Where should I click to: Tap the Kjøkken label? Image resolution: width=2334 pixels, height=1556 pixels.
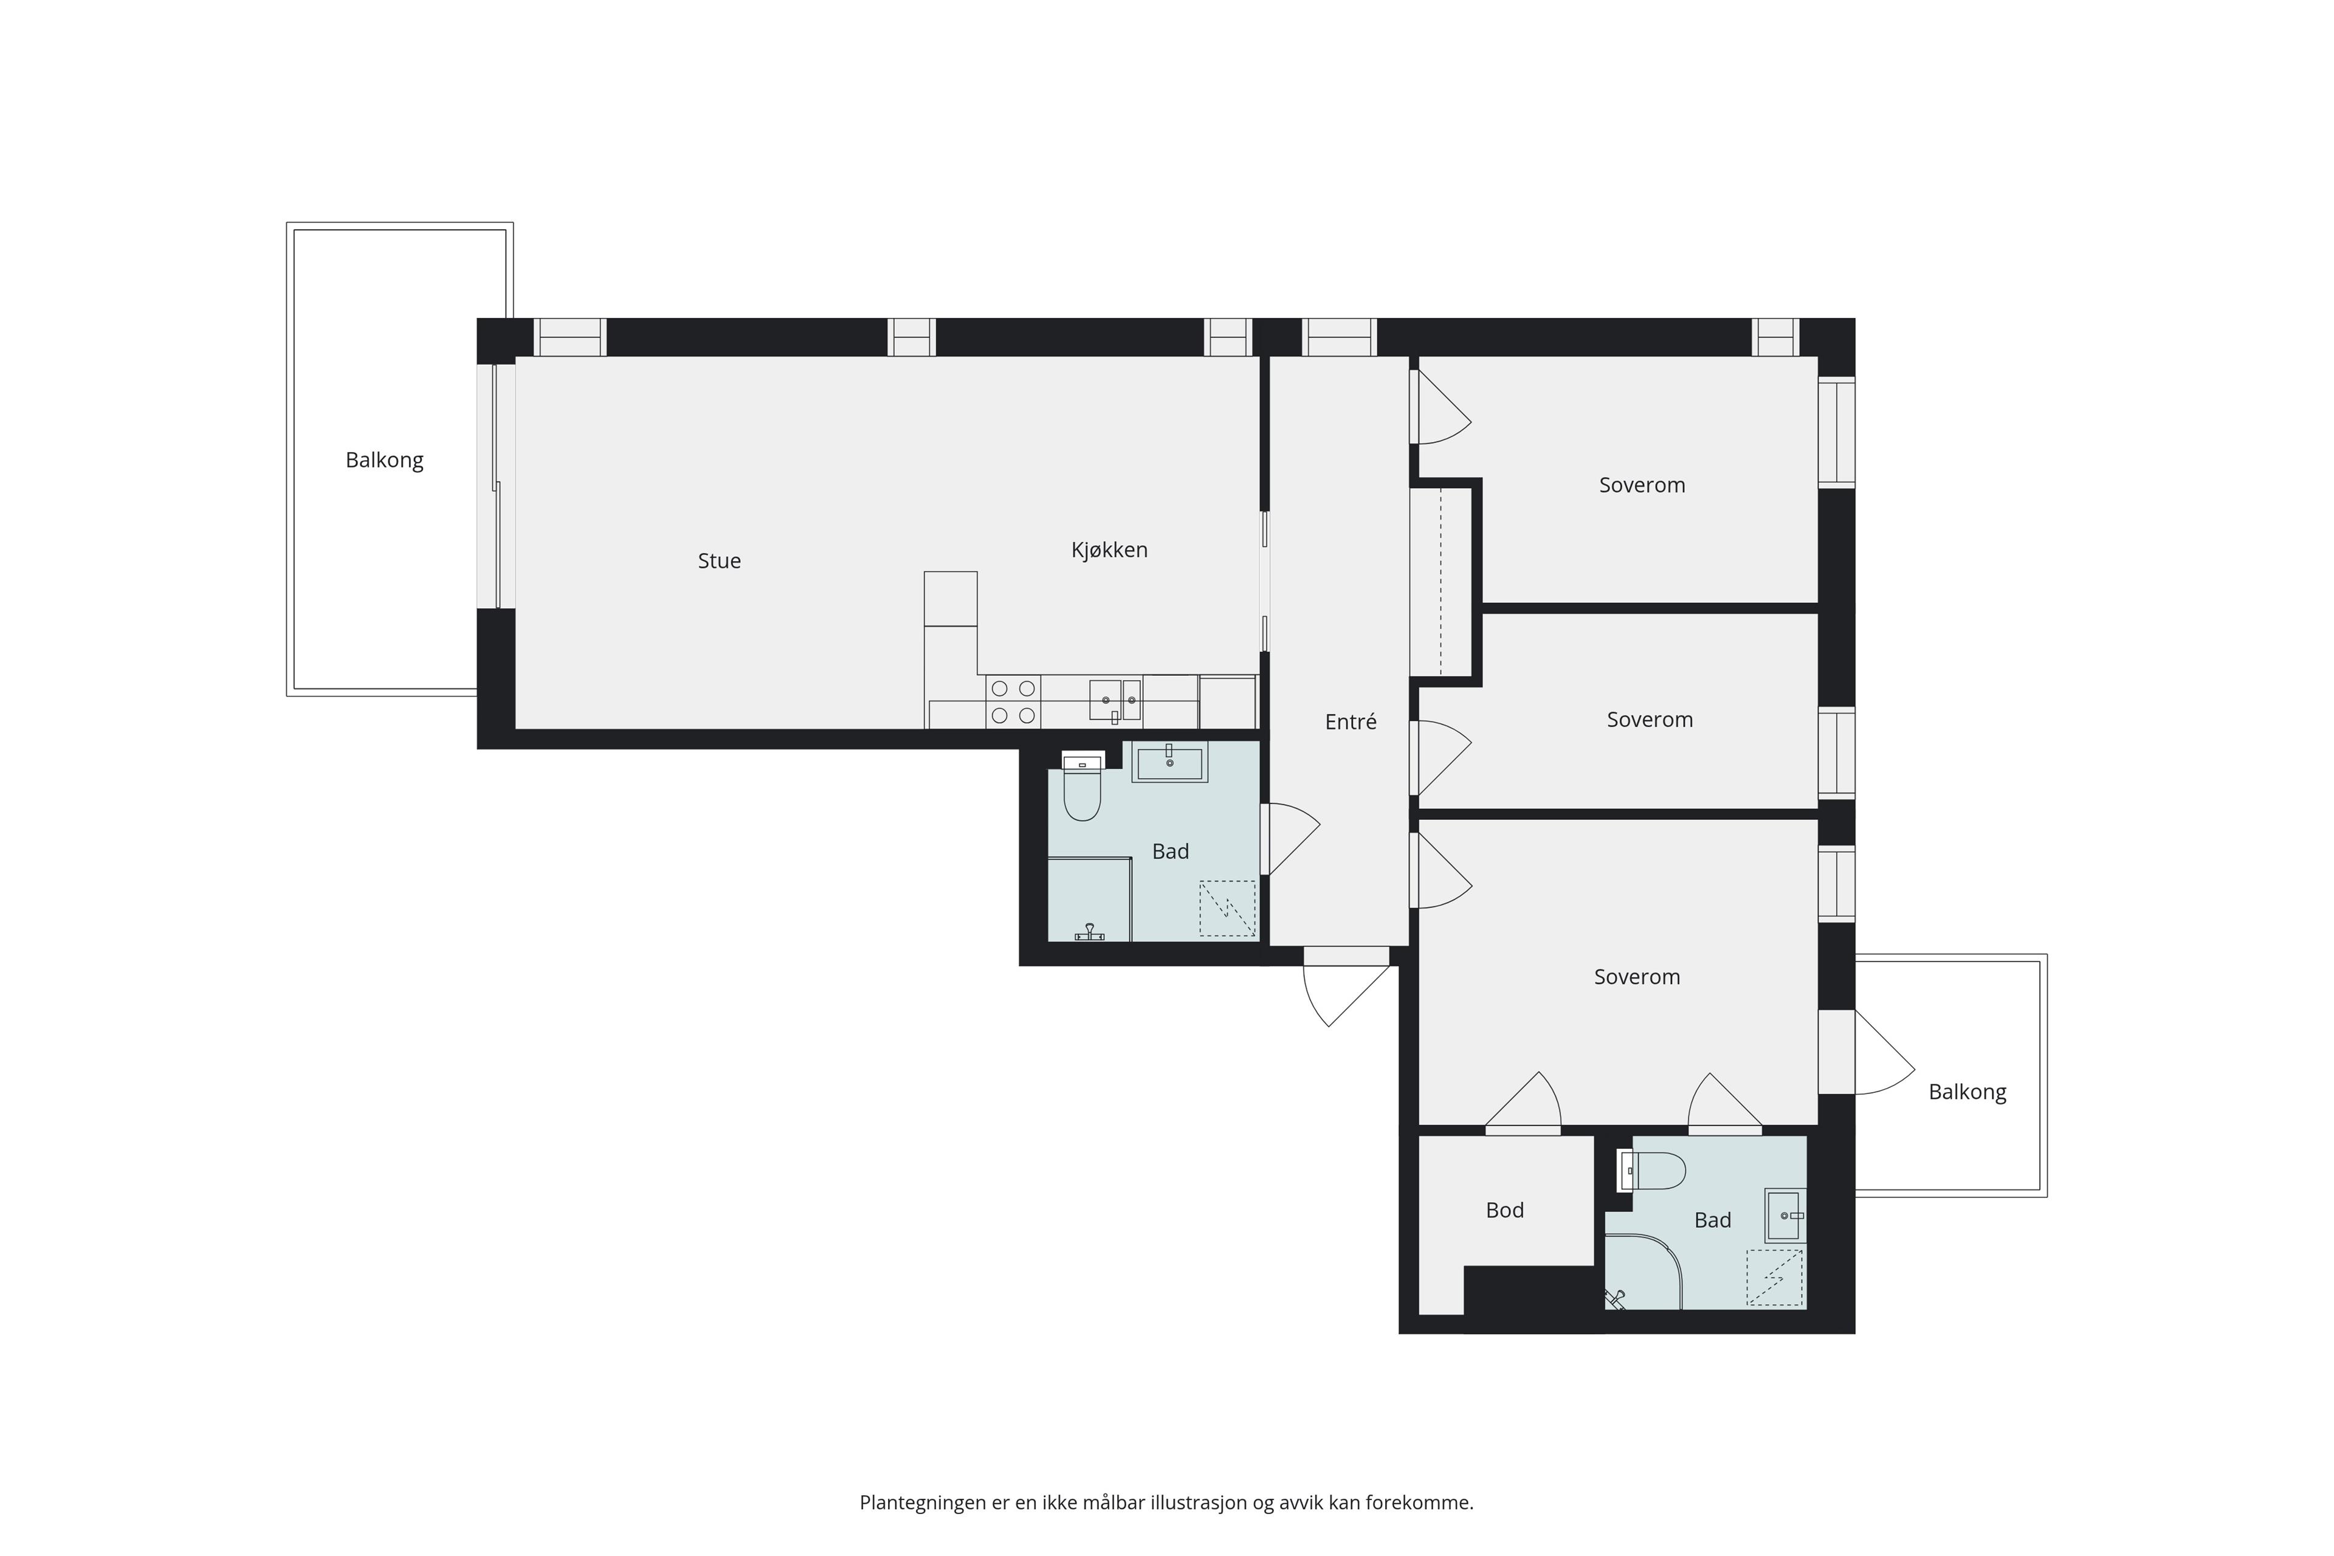1109,549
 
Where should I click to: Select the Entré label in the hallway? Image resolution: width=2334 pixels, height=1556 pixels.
1351,723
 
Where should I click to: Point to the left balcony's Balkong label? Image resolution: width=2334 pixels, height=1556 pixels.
384,461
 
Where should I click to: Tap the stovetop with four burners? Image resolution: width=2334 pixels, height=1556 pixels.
1013,701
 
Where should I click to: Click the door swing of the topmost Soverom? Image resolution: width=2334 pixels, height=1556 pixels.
1441,407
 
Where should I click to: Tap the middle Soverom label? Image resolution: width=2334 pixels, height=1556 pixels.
1649,720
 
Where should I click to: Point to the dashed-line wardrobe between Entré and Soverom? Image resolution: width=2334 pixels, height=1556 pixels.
1441,582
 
